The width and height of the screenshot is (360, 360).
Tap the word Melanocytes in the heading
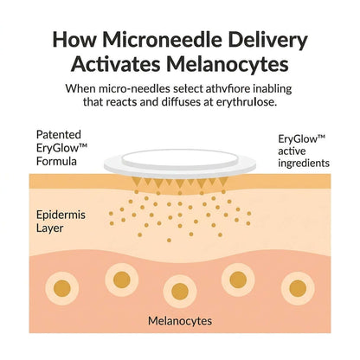click(228, 64)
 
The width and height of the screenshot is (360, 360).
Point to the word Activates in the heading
click(116, 64)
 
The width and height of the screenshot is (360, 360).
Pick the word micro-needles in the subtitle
click(134, 88)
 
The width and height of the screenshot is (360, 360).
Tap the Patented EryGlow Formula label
click(61, 148)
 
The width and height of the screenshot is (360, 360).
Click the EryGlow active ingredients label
click(304, 151)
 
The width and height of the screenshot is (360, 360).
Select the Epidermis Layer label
click(61, 222)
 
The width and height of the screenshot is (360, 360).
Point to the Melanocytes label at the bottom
click(180, 321)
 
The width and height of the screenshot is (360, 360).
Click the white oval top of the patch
click(180, 157)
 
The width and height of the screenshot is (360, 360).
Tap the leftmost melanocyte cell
click(62, 288)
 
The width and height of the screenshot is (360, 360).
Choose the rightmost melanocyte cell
click(298, 288)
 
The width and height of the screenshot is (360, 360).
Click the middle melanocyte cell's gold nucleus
click(180, 292)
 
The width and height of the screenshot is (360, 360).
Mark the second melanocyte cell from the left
click(122, 280)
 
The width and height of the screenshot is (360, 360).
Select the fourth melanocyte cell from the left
click(238, 280)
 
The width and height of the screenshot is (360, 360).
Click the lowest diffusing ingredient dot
click(169, 240)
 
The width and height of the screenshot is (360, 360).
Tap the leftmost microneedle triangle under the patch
click(137, 182)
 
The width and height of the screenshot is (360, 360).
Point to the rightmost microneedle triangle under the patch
click(223, 182)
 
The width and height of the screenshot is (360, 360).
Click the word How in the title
click(74, 40)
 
